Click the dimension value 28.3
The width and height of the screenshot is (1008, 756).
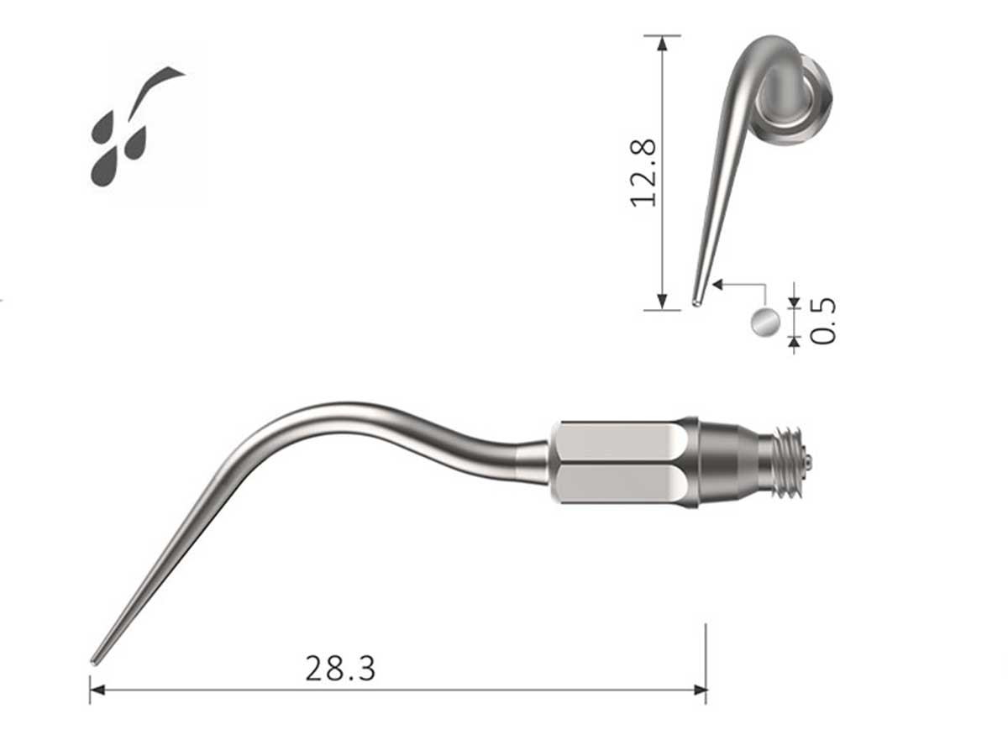[x=340, y=669]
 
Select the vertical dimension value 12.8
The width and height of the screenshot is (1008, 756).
[x=643, y=171]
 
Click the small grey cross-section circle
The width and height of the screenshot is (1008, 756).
[x=764, y=322]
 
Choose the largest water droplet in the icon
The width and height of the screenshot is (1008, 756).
[x=104, y=166]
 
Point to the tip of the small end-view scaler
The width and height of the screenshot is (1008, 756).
[x=696, y=302]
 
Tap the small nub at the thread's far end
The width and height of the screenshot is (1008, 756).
[x=808, y=461]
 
